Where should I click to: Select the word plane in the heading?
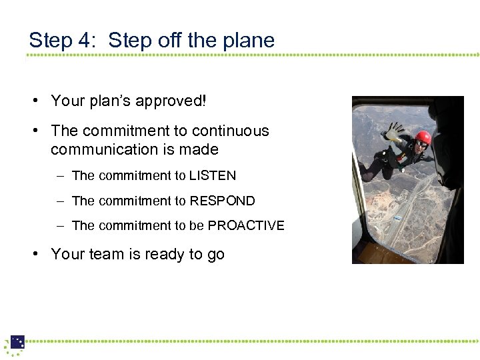(249, 41)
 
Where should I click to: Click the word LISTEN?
(212, 176)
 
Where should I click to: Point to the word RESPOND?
(222, 201)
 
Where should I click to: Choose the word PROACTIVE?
(246, 225)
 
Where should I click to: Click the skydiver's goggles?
(421, 143)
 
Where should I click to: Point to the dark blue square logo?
(17, 342)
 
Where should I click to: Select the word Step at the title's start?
(50, 41)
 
